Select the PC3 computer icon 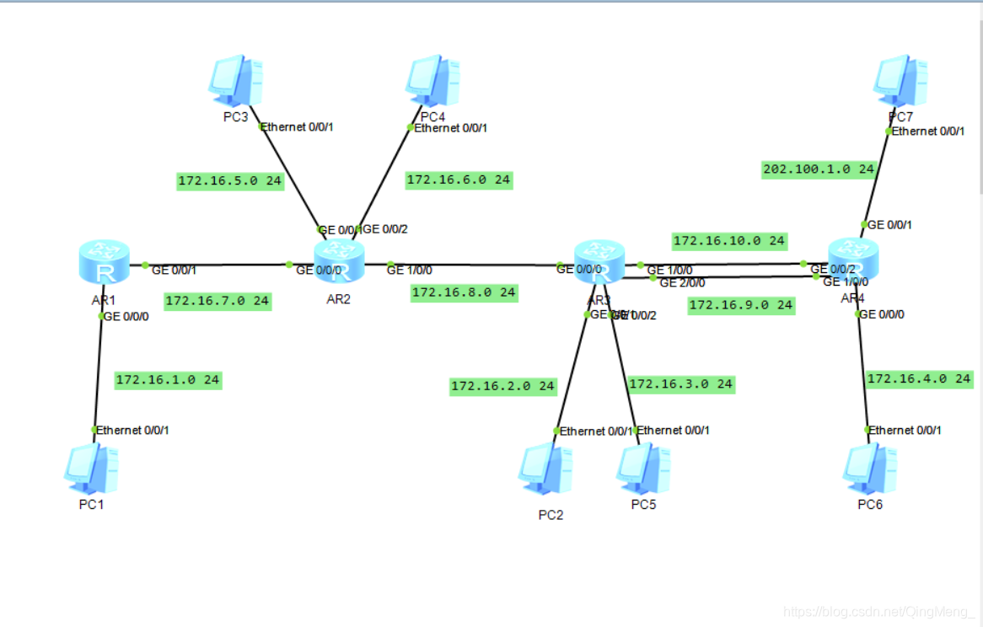pyautogui.click(x=235, y=82)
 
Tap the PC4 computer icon pyautogui.click(x=432, y=82)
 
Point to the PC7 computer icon pyautogui.click(x=900, y=82)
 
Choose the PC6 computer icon pyautogui.click(x=870, y=469)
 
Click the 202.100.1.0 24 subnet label pyautogui.click(x=819, y=169)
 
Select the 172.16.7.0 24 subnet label pyautogui.click(x=218, y=301)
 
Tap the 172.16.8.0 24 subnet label pyautogui.click(x=464, y=293)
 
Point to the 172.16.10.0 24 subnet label pyautogui.click(x=729, y=241)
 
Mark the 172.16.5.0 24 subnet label pyautogui.click(x=230, y=180)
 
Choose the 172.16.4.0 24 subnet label pyautogui.click(x=919, y=379)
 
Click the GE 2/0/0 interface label pyautogui.click(x=682, y=283)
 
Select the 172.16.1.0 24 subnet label pyautogui.click(x=168, y=380)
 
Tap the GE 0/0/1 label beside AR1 pyautogui.click(x=174, y=270)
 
